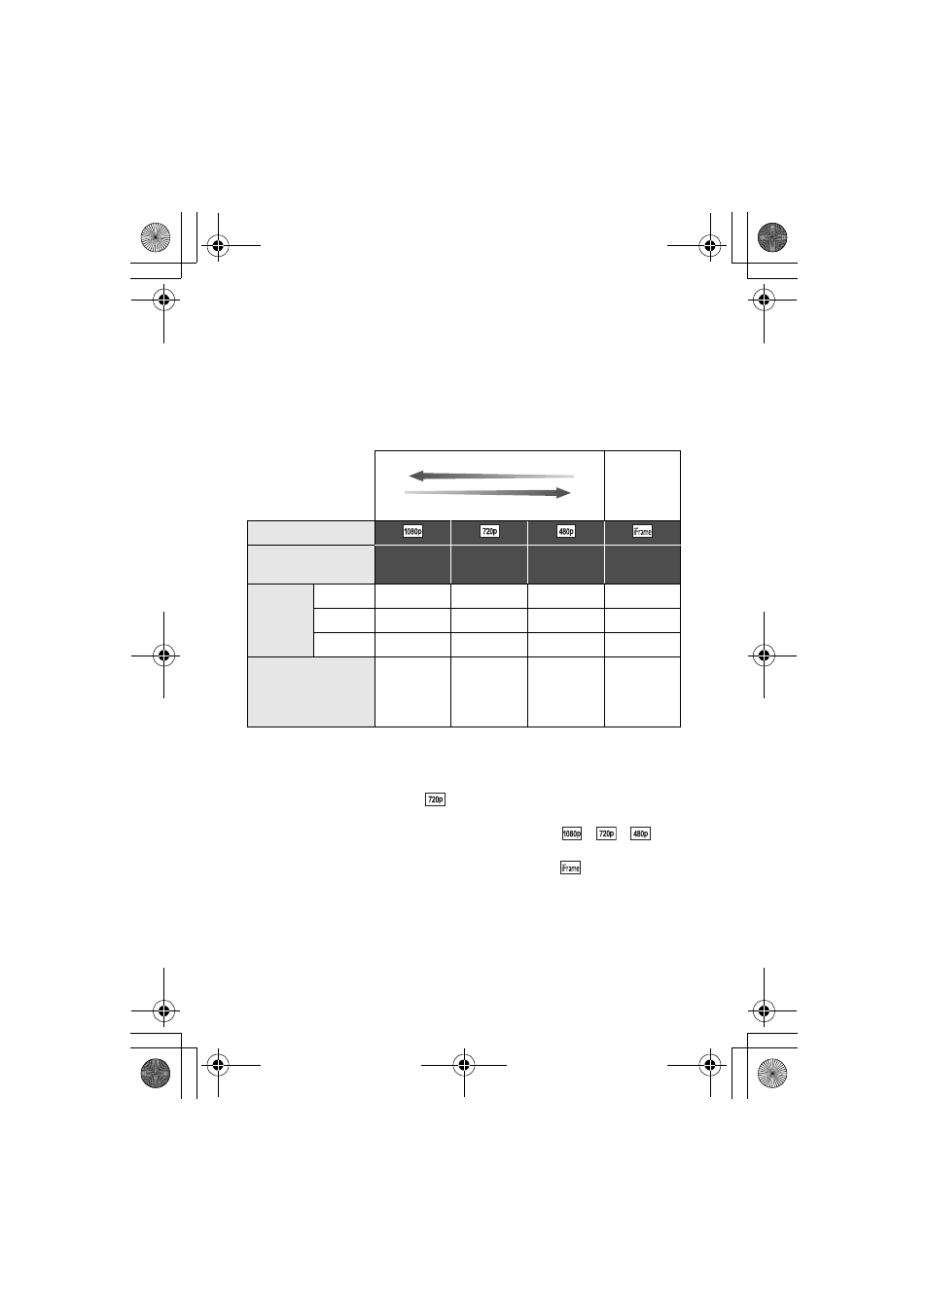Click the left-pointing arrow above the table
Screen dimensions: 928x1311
[x=491, y=476]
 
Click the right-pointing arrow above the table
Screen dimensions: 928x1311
[x=487, y=493]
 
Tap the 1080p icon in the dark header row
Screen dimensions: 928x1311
[x=412, y=531]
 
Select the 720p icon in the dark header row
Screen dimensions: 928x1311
[x=489, y=531]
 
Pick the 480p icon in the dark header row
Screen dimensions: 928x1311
[x=566, y=531]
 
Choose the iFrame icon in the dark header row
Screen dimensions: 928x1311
[x=642, y=531]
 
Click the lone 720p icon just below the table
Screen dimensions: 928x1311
[x=435, y=799]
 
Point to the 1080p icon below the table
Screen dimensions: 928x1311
[x=572, y=833]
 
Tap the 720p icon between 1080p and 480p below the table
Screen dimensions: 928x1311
[x=606, y=833]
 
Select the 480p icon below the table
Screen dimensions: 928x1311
[x=640, y=833]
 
